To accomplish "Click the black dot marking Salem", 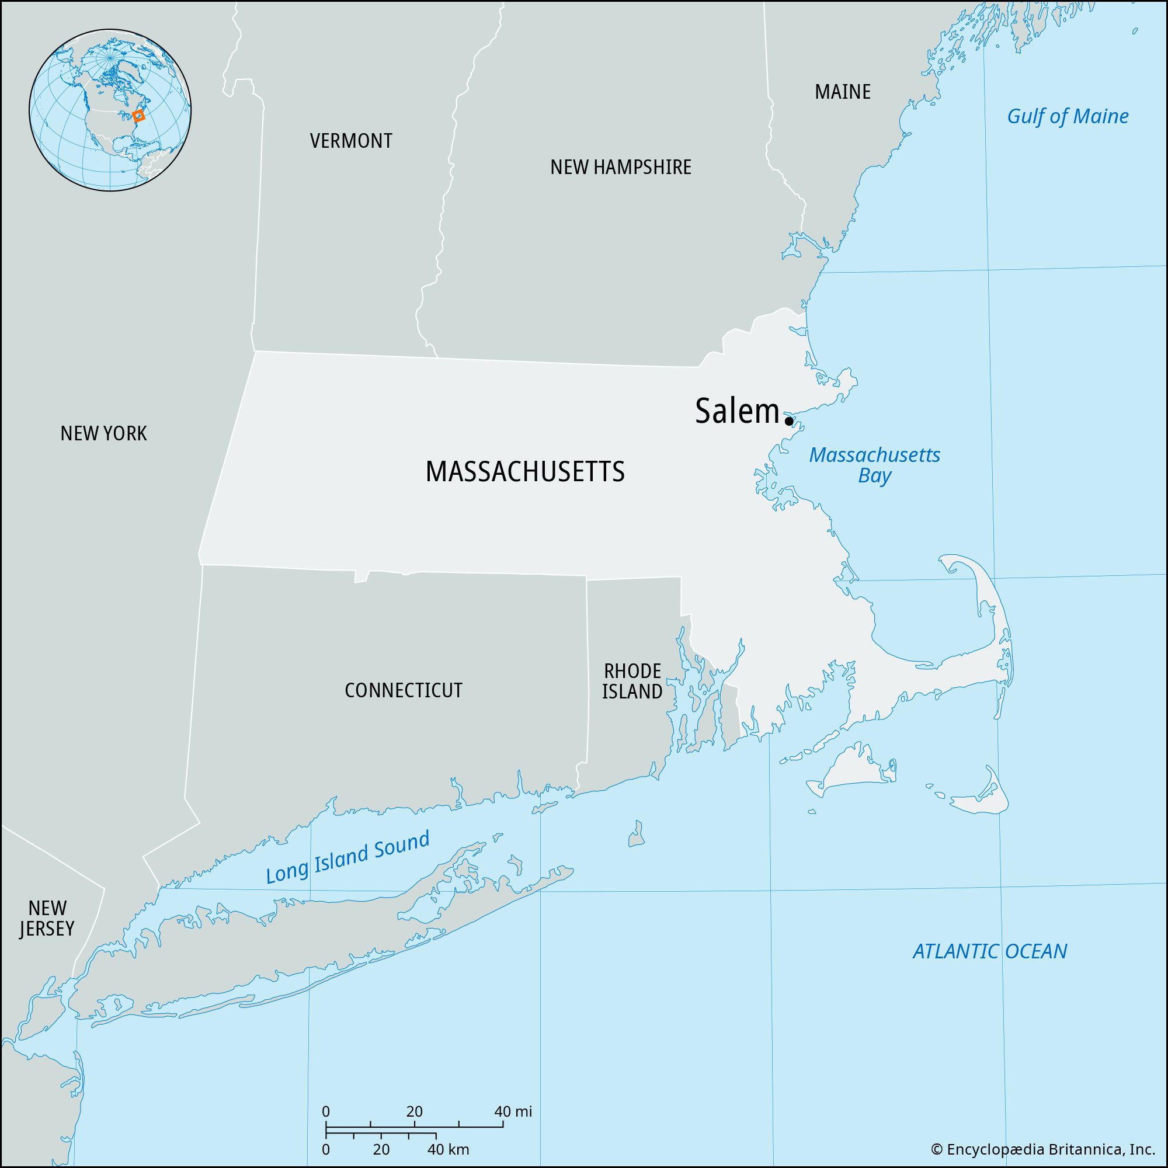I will click(x=788, y=420).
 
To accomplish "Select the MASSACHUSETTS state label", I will click(x=525, y=472).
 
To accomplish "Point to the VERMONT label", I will click(x=350, y=141).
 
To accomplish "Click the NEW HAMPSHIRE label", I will click(x=620, y=168).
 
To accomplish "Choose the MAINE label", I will click(x=843, y=92).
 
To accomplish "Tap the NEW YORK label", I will click(x=103, y=433).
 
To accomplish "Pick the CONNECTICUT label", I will click(x=403, y=690).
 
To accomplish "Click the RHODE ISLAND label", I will click(x=632, y=681).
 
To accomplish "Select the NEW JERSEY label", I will click(x=47, y=918).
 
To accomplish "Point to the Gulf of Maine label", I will click(x=1068, y=116).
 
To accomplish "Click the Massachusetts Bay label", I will click(x=875, y=465).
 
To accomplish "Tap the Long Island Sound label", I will click(x=347, y=857).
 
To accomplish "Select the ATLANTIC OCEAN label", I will click(x=990, y=951).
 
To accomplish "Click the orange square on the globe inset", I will click(x=138, y=116).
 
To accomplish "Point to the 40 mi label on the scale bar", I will click(x=513, y=1112).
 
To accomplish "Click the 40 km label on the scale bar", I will click(x=448, y=1149).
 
